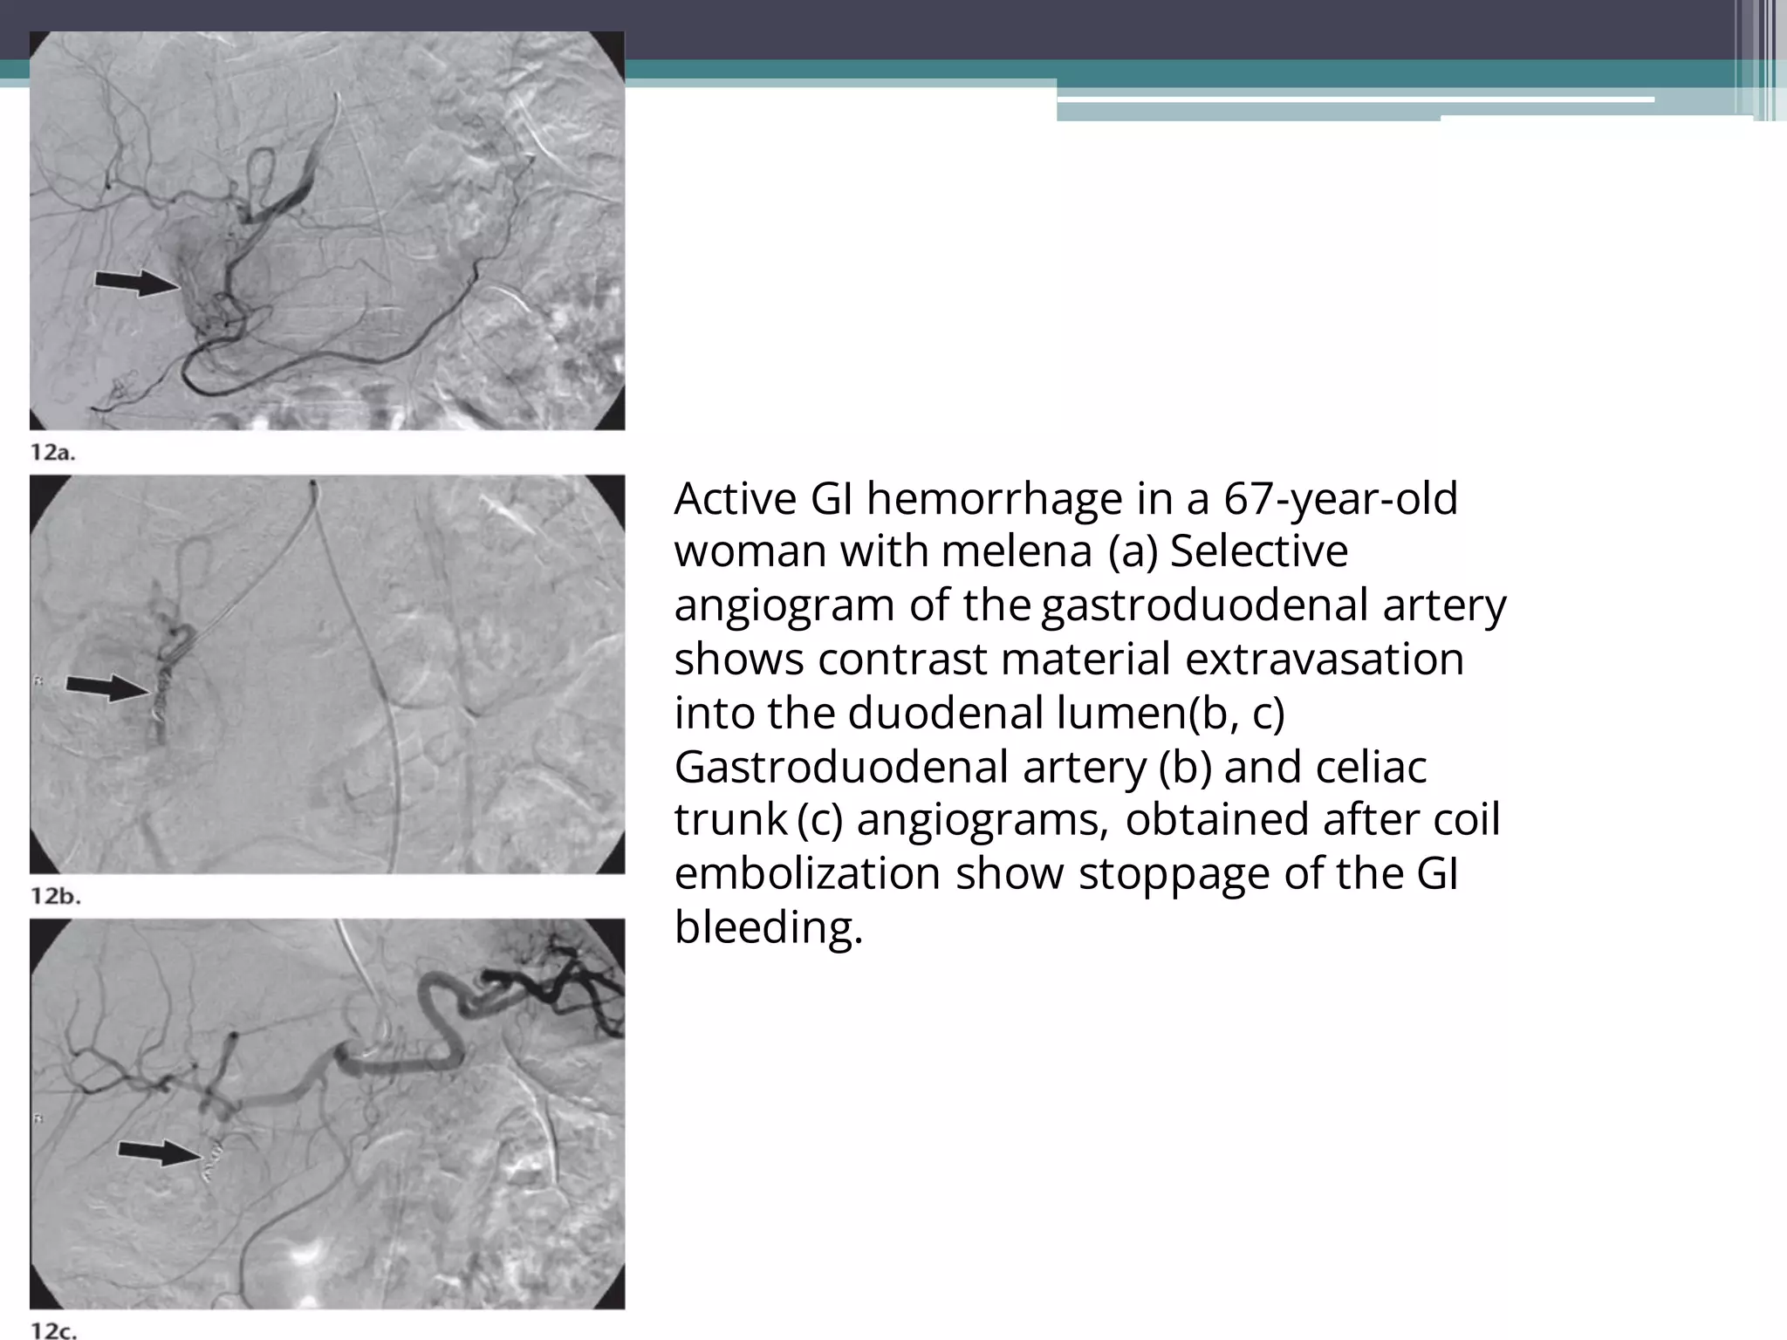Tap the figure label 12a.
(x=53, y=452)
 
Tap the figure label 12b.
(x=55, y=896)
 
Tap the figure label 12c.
(x=54, y=1330)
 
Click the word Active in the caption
(x=736, y=499)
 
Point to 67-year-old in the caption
(x=1340, y=499)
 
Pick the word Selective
(x=1258, y=552)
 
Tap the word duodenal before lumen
(x=945, y=713)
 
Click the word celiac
(x=1370, y=768)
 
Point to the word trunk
(x=730, y=820)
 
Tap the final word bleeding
(x=768, y=927)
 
